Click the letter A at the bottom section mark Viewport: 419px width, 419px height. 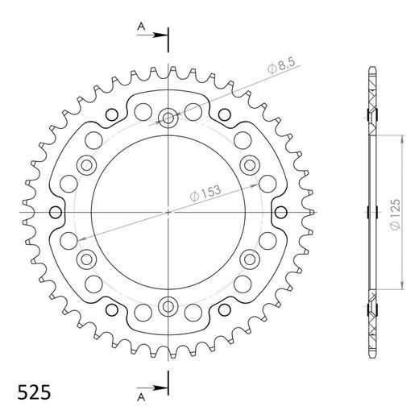139,396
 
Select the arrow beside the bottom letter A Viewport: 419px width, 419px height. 156,388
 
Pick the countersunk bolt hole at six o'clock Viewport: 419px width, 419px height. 168,305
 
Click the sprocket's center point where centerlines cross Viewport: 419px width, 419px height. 168,212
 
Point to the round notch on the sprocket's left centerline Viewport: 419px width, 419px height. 56,213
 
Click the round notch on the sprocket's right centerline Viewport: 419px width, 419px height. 280,213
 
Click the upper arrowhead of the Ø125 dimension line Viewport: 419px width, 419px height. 401,138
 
